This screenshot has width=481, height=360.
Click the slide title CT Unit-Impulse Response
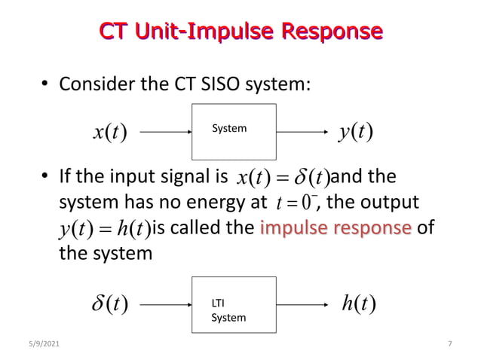(240, 32)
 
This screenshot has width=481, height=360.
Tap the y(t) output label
(356, 132)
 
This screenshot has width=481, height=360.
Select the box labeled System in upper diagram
(234, 132)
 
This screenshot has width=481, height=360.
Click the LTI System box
(234, 304)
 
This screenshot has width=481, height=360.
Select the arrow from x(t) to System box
(166, 132)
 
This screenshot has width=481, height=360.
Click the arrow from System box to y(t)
(303, 132)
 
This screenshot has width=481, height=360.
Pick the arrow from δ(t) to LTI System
(166, 305)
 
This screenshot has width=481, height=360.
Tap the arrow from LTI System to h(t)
(303, 305)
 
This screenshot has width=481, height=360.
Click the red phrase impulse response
(335, 228)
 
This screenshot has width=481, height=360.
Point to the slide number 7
(449, 344)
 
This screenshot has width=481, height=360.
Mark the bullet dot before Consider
(45, 84)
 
